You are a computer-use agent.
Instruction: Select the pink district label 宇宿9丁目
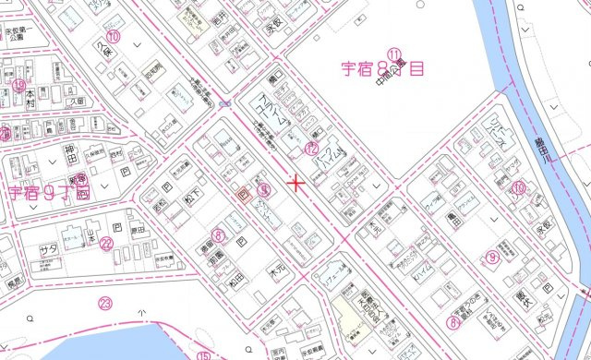pyautogui.click(x=49, y=192)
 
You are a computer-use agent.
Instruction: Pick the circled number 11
pyautogui.click(x=394, y=54)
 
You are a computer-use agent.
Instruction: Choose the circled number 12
pyautogui.click(x=312, y=148)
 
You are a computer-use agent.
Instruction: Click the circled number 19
pyautogui.click(x=18, y=85)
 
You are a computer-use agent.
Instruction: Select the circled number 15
pyautogui.click(x=203, y=355)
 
